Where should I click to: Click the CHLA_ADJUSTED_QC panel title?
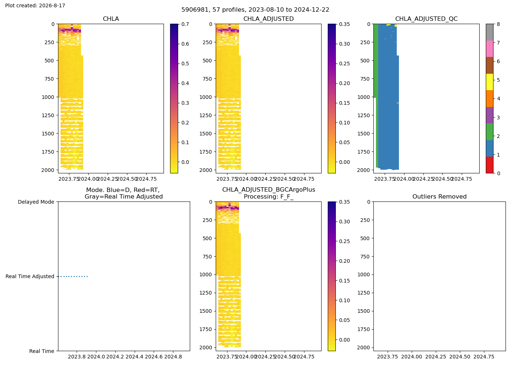point(426,19)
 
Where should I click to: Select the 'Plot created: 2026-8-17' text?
point(35,5)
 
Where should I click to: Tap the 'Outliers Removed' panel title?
point(439,196)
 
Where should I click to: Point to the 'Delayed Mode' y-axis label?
point(36,202)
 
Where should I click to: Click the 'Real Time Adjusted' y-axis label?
point(30,276)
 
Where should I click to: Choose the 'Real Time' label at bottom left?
point(42,351)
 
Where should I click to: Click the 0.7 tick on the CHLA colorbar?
point(185,24)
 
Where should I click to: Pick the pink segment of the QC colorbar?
point(489,49)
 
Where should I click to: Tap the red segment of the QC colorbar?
point(489,165)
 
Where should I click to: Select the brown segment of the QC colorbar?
point(489,65)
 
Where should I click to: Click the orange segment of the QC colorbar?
point(489,99)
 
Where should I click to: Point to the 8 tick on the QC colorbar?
point(498,24)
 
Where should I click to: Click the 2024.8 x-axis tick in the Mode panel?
point(173,357)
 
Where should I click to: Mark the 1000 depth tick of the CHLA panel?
point(48,97)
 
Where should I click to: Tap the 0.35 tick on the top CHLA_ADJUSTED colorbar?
point(344,24)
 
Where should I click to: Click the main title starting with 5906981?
point(255,9)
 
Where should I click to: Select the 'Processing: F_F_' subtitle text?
point(269,196)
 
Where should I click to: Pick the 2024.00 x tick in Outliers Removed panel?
point(412,357)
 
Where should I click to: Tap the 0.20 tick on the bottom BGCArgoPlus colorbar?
point(344,261)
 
